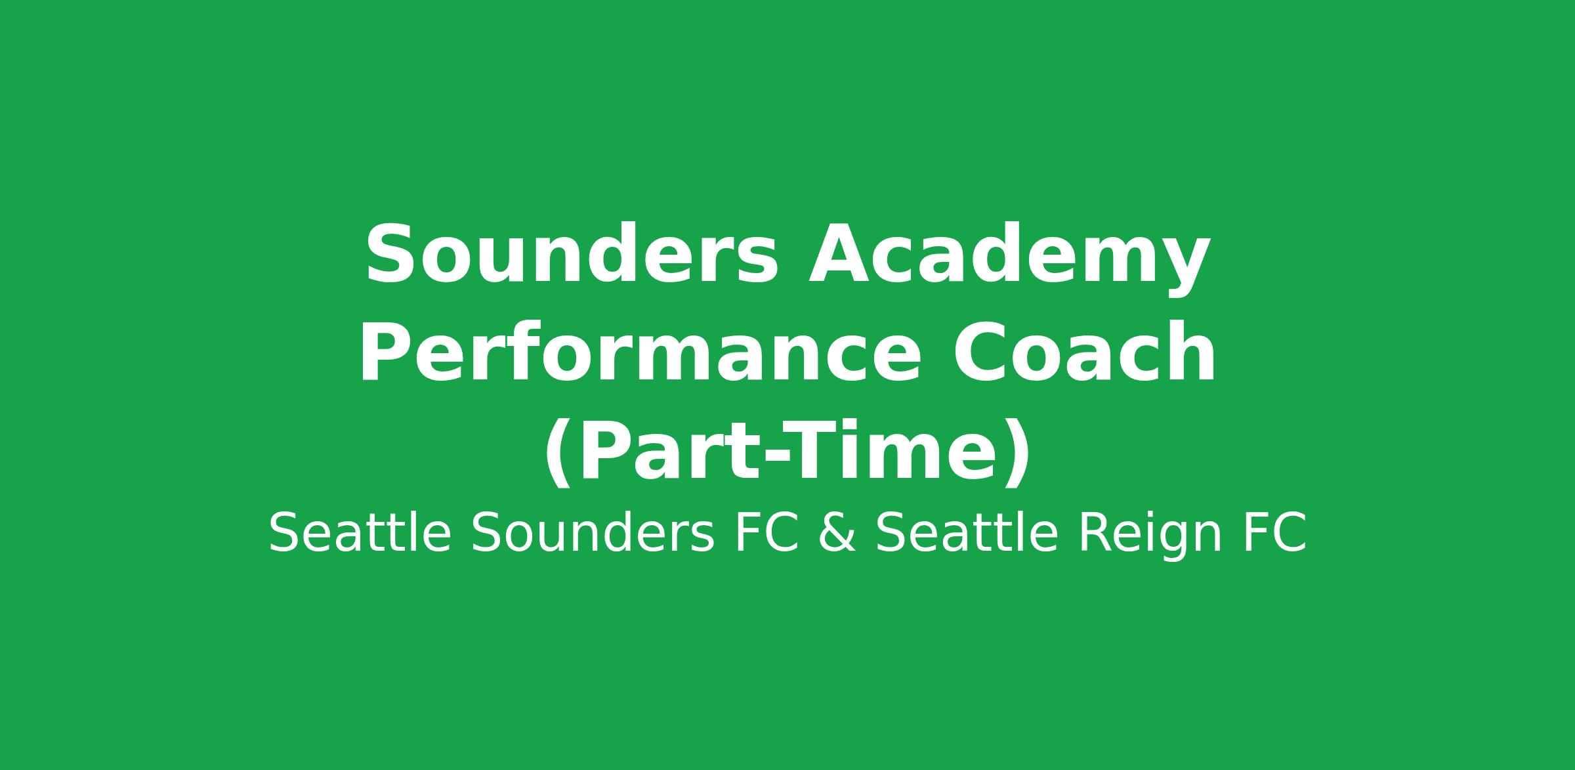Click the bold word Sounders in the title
[572, 255]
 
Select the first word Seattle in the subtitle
[360, 534]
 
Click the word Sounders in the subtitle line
[593, 534]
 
